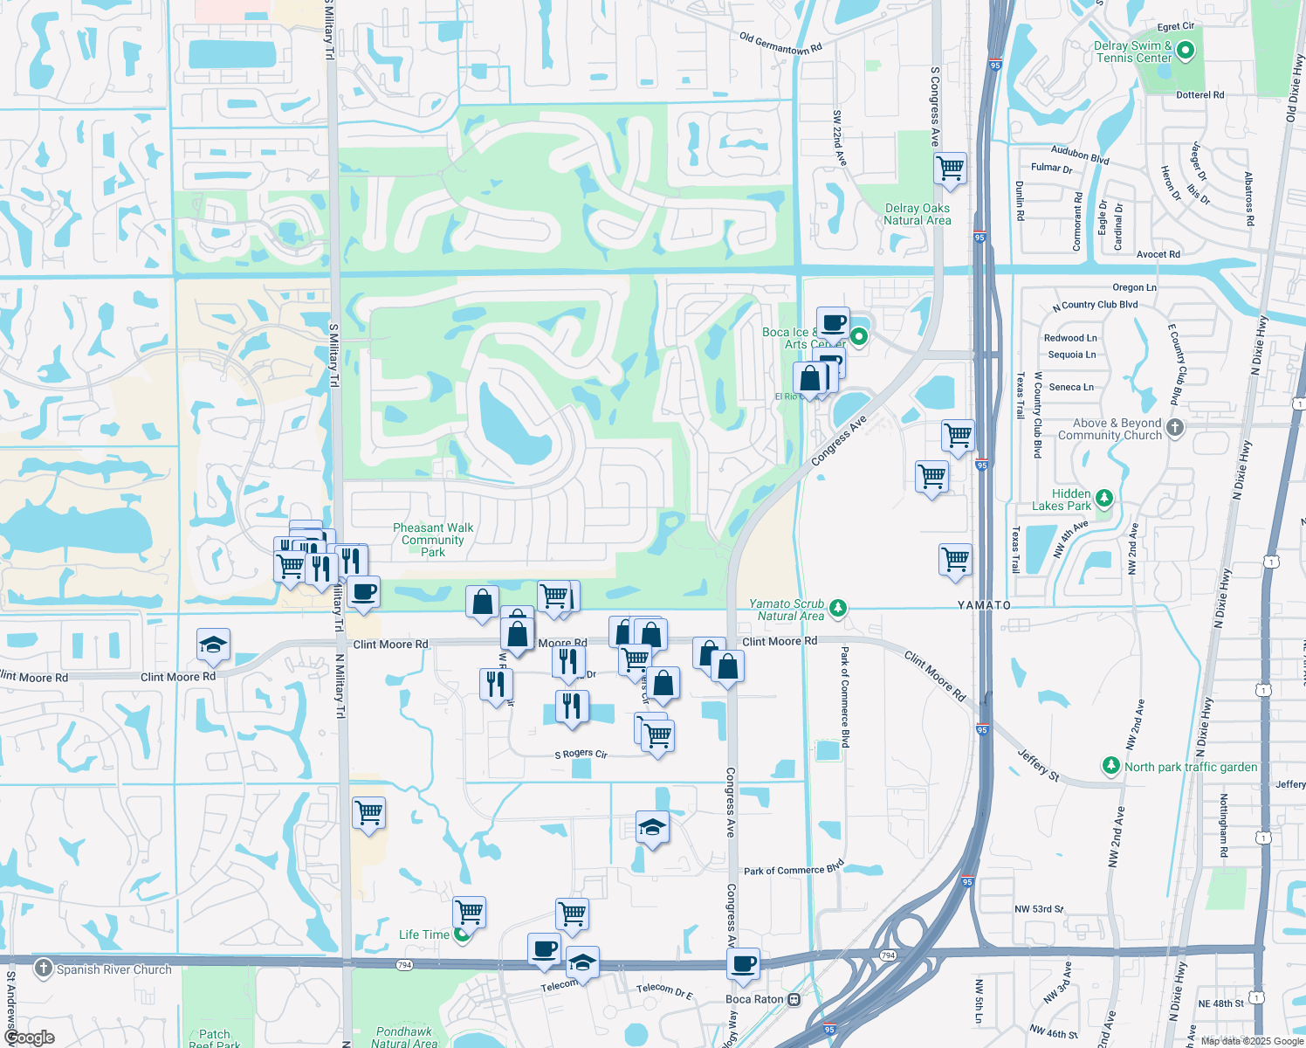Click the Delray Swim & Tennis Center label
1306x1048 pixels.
(x=1133, y=52)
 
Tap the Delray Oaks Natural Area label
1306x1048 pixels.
(x=917, y=215)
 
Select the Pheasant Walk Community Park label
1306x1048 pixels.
(x=433, y=540)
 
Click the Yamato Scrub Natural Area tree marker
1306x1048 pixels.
(x=838, y=607)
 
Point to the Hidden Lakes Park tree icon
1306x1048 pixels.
(x=1104, y=499)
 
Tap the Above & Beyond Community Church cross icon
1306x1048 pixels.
(x=1175, y=428)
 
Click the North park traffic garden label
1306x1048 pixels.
(x=1191, y=767)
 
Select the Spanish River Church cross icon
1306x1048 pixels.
(x=44, y=969)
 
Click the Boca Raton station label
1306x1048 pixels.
(x=754, y=999)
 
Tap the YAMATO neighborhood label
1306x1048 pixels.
(x=984, y=605)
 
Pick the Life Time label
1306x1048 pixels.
(x=424, y=934)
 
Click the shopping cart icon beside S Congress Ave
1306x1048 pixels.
(x=950, y=167)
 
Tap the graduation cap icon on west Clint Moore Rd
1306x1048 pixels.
(x=214, y=645)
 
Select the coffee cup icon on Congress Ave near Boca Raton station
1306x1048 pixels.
(x=744, y=965)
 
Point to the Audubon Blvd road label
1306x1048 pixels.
(x=1080, y=155)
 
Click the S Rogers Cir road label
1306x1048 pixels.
(x=581, y=754)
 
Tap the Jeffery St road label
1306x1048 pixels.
(x=1038, y=765)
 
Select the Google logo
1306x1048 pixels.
(x=29, y=1038)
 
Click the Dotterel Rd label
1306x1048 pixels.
(x=1199, y=95)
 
